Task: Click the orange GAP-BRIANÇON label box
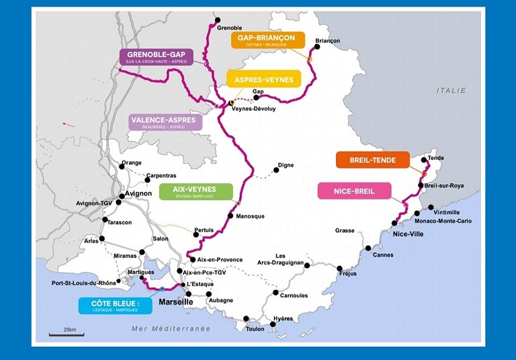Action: (267, 40)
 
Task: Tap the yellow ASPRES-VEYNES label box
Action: (263, 79)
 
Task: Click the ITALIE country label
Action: (451, 90)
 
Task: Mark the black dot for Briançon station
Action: (318, 48)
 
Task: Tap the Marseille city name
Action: (176, 302)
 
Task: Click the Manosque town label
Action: (250, 216)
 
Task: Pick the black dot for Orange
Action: (122, 169)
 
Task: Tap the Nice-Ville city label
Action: (408, 234)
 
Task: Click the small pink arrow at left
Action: (68, 124)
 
